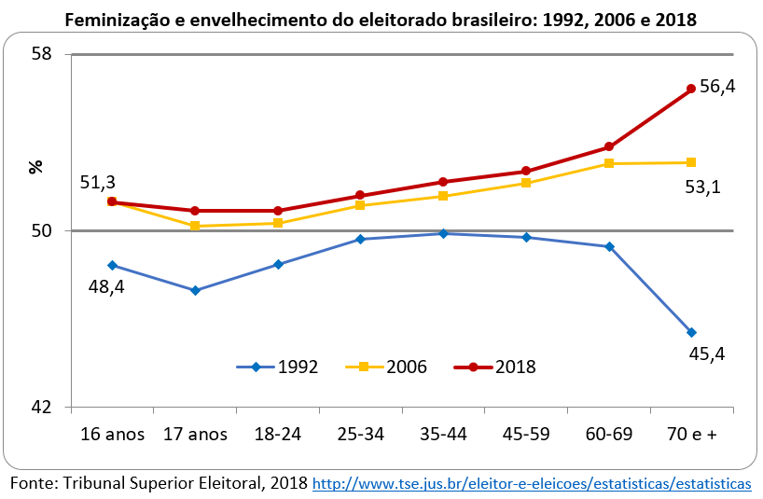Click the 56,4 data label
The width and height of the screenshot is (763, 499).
tap(717, 87)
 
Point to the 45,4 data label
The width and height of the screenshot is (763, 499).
tap(707, 353)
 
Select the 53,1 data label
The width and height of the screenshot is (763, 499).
tap(703, 187)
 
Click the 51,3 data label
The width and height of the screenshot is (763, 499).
tap(98, 183)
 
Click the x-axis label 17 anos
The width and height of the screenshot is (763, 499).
tap(195, 435)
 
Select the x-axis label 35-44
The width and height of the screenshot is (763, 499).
tap(442, 435)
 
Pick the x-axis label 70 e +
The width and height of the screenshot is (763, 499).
tap(691, 435)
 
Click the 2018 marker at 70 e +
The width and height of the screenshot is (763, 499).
tap(691, 89)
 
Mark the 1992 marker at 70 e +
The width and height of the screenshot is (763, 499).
tap(691, 332)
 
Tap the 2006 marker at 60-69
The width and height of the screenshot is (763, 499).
tap(609, 163)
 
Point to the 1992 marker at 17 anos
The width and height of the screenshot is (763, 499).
tap(195, 290)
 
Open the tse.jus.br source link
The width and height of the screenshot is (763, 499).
tap(531, 484)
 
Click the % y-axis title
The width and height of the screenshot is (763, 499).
tap(36, 167)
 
